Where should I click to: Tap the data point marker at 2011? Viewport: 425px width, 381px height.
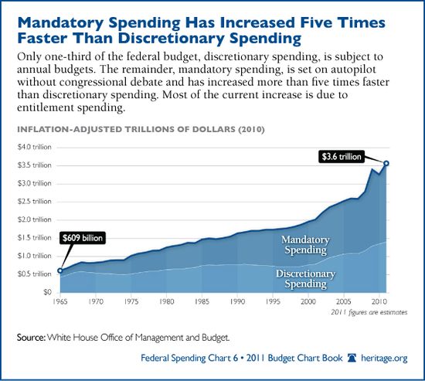pos(386,163)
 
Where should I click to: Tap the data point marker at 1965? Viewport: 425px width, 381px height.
pos(61,270)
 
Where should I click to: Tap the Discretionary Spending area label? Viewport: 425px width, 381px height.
pos(300,279)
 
